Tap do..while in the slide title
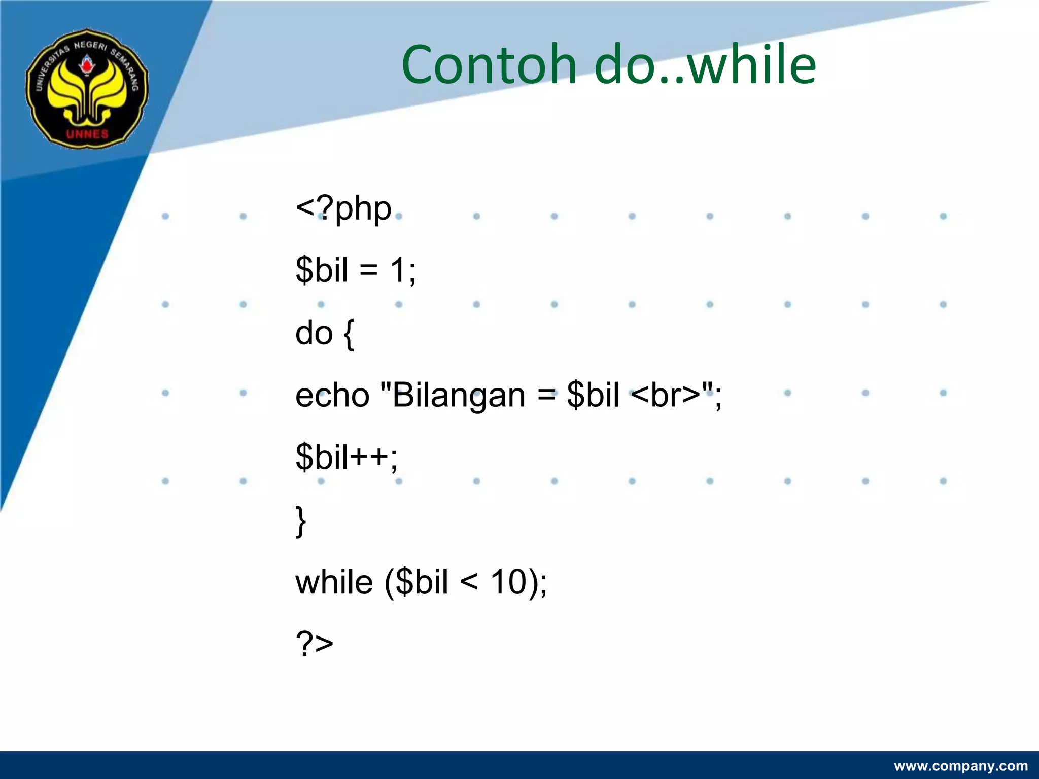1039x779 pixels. (705, 65)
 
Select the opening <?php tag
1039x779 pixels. (343, 208)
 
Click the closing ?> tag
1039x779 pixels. (315, 644)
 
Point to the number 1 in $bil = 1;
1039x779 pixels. (398, 270)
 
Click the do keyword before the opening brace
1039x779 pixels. (314, 333)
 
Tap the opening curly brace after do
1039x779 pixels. (349, 335)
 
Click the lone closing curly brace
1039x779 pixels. (301, 521)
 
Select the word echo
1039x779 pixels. (332, 396)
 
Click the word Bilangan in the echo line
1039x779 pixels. (459, 396)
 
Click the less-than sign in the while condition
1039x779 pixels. (469, 583)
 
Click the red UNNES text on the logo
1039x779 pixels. (87, 134)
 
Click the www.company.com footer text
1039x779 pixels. (960, 766)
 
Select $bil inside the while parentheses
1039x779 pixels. (422, 582)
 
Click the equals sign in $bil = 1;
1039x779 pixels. (369, 270)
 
